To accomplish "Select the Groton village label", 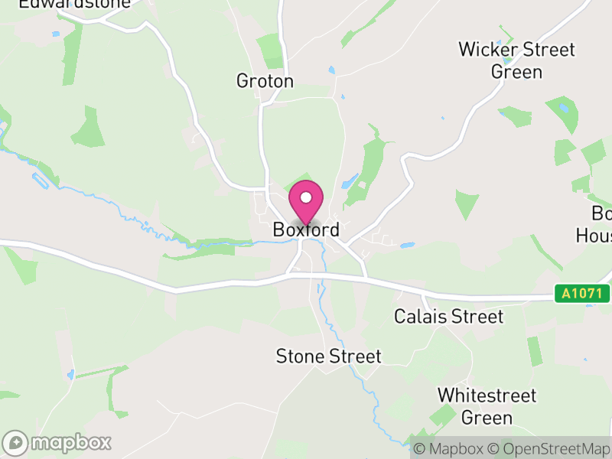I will pos(265,81).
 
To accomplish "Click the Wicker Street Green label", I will pos(516,60).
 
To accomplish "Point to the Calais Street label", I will pos(448,316).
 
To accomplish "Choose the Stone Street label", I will pos(328,356).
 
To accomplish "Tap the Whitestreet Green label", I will pos(487,406).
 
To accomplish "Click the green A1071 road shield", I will pos(583,293).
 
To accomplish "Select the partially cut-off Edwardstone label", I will pos(75,4).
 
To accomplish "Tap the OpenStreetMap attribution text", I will pos(550,449).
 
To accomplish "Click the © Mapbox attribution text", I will pos(449,449).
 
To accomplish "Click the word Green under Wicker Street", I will pos(516,72).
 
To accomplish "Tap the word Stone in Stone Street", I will pos(300,356).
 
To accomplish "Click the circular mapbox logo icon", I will pos(16,442).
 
